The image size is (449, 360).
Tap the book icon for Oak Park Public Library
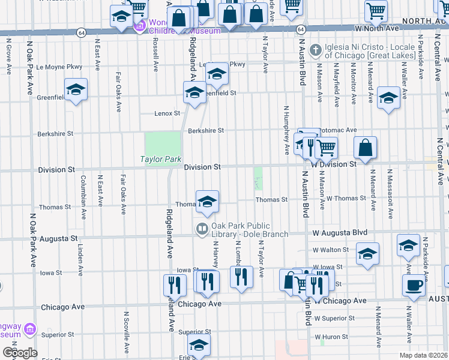[x=202, y=229]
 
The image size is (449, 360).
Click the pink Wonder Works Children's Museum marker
[x=141, y=26]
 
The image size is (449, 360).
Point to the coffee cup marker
[x=414, y=285]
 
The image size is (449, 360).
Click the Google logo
[x=20, y=352]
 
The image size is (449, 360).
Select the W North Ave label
[x=377, y=28]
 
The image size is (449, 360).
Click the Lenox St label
[x=167, y=113]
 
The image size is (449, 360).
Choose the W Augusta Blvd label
[x=339, y=232]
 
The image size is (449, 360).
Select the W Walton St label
[x=330, y=250]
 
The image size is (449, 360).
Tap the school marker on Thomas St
[x=207, y=202]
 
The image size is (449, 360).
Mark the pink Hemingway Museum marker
[x=31, y=329]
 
